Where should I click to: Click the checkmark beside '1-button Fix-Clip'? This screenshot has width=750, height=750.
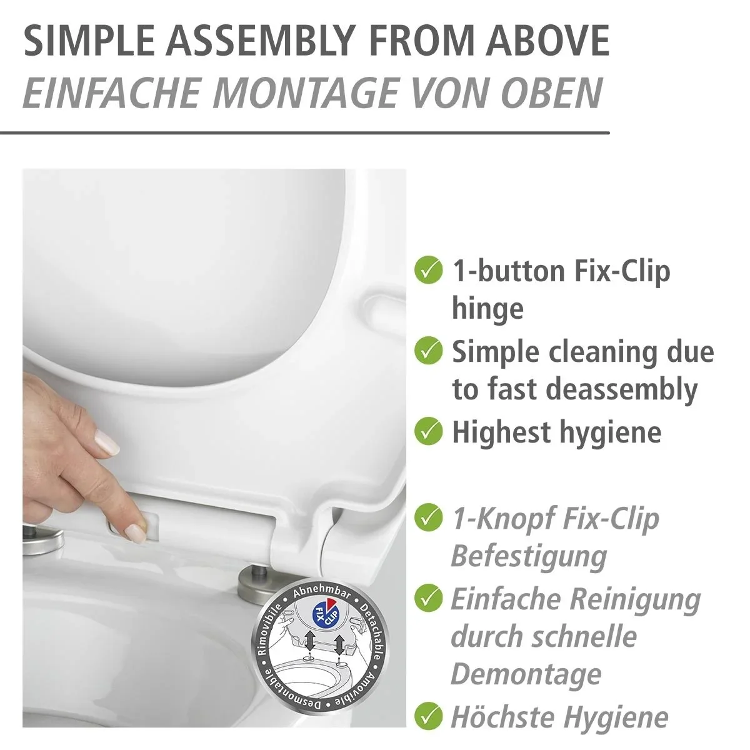pyautogui.click(x=429, y=270)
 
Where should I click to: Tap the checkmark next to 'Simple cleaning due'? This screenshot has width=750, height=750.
pyautogui.click(x=429, y=351)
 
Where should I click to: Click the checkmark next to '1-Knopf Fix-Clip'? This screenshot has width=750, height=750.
pyautogui.click(x=429, y=517)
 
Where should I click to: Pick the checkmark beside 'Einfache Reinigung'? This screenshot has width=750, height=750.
pyautogui.click(x=429, y=598)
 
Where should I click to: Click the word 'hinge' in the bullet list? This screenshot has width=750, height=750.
pyautogui.click(x=487, y=309)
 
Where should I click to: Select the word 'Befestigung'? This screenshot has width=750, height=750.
pyautogui.click(x=529, y=557)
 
